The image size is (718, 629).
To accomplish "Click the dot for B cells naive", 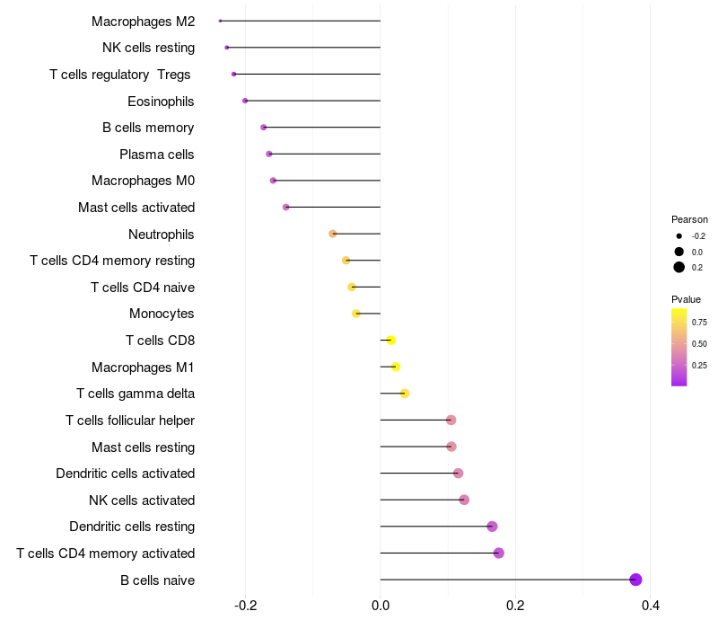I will coord(636,580).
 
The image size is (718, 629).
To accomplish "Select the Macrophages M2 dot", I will coord(220,21).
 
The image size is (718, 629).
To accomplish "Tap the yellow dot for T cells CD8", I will coord(390,340).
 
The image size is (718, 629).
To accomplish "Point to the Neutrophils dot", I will coord(333,234).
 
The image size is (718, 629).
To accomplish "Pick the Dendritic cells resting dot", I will coord(492,527).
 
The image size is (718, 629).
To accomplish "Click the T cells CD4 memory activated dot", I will coord(499,553).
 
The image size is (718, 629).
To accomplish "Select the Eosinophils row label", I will coord(161,101).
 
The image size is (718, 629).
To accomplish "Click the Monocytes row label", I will coord(162,314).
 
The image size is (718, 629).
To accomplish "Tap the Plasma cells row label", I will coord(157,155).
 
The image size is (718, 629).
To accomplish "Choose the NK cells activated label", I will coord(142,500).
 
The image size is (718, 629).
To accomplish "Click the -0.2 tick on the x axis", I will coord(245,606).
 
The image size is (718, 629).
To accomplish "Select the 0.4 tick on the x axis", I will coord(651,606).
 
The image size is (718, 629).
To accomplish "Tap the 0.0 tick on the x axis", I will coord(381,606).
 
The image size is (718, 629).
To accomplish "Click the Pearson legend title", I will coord(689,219).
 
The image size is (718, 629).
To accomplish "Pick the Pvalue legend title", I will coord(686,299).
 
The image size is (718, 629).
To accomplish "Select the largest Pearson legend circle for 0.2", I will coord(679,267).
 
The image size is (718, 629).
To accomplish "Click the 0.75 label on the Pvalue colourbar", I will coord(699,322).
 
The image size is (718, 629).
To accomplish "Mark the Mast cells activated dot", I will coord(286,208).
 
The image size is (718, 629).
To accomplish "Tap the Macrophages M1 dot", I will coord(396,367).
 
